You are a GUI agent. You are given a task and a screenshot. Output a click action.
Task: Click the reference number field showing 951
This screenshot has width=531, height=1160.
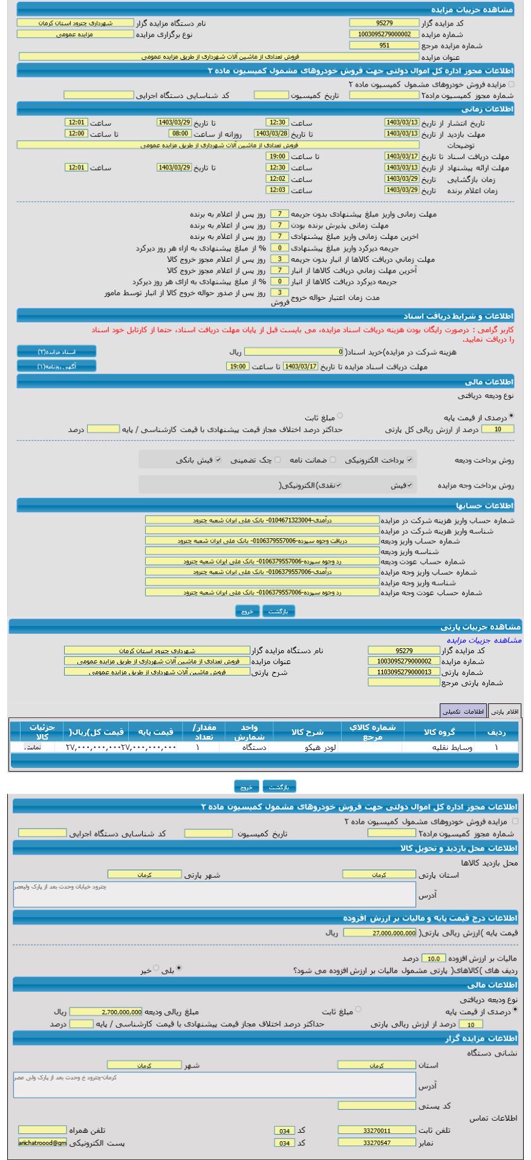(x=384, y=45)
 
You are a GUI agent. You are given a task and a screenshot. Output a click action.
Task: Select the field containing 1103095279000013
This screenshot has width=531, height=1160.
(x=404, y=672)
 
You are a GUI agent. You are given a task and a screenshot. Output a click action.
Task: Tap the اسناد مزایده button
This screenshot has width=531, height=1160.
(x=56, y=352)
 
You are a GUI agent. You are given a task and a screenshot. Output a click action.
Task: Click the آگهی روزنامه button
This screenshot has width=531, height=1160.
(x=56, y=366)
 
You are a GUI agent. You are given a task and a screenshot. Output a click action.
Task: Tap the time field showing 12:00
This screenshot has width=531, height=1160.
(x=77, y=133)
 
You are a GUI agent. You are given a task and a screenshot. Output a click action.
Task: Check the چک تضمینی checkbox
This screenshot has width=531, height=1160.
(x=278, y=460)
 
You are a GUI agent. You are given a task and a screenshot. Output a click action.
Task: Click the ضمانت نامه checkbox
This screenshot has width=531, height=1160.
(x=333, y=460)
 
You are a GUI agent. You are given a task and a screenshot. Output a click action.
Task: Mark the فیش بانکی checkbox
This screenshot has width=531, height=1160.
(x=219, y=460)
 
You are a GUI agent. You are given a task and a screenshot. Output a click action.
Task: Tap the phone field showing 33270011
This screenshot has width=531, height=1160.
(x=377, y=1130)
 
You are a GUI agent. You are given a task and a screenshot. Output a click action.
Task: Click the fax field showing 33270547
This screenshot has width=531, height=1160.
(x=377, y=1142)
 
